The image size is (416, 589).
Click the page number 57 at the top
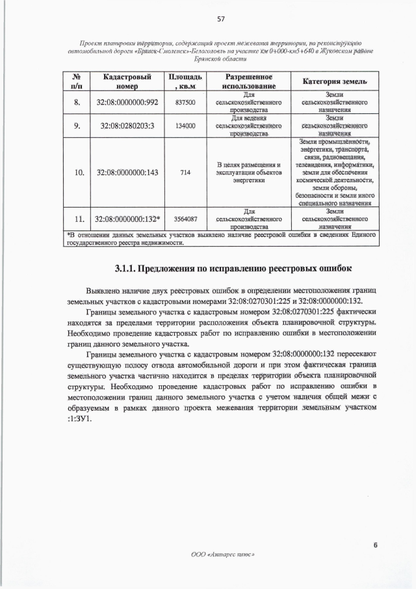(208, 19)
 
